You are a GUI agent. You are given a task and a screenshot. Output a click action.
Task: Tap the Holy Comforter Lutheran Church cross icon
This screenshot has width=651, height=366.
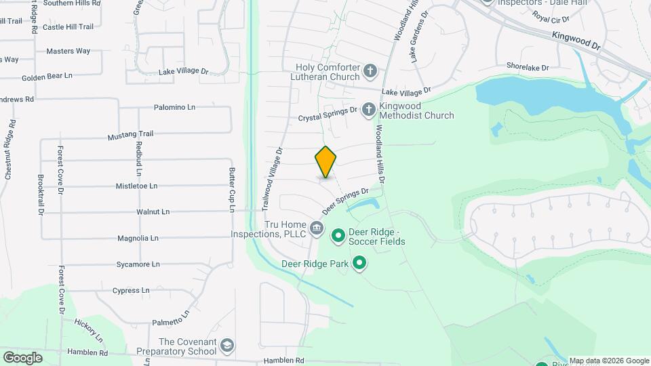pyautogui.click(x=370, y=70)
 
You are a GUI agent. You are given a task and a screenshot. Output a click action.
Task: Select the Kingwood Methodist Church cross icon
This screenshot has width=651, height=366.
pyautogui.click(x=368, y=110)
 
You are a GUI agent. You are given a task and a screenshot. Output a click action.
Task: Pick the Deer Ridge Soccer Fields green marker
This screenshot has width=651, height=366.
pyautogui.click(x=338, y=237)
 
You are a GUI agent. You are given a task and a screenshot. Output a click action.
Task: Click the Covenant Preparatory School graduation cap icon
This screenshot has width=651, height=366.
pyautogui.click(x=227, y=346)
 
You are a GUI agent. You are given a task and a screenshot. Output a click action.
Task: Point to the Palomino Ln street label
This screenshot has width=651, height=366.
pyautogui.click(x=174, y=107)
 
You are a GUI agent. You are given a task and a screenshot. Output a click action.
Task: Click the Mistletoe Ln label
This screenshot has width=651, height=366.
pyautogui.click(x=136, y=186)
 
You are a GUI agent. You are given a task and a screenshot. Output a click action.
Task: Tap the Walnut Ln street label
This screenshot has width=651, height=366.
pyautogui.click(x=152, y=211)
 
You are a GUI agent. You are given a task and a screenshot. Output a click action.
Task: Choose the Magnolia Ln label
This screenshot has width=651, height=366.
pyautogui.click(x=138, y=239)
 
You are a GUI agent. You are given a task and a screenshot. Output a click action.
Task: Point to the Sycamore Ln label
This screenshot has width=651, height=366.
pyautogui.click(x=138, y=264)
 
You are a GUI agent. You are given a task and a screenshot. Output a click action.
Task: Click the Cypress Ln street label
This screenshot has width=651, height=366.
pyautogui.click(x=132, y=291)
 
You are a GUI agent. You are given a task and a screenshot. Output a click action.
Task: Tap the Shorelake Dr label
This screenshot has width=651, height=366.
pyautogui.click(x=527, y=67)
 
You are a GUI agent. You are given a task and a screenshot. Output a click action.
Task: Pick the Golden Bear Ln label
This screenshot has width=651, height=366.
pyautogui.click(x=47, y=77)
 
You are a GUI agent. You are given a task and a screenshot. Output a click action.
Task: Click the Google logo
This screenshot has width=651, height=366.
pyautogui.click(x=22, y=357)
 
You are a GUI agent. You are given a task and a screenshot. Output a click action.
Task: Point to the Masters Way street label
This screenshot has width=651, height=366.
pyautogui.click(x=68, y=52)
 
